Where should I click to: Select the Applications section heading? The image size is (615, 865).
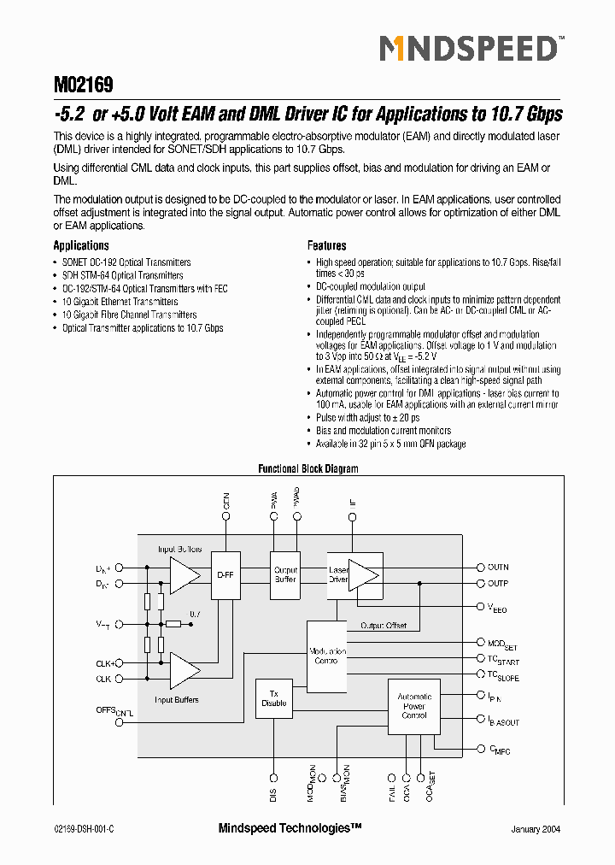(x=81, y=245)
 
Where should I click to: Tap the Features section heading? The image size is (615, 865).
(x=326, y=245)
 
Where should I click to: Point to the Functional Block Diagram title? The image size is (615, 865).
(x=308, y=468)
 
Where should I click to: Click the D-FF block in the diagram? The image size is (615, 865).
(x=225, y=574)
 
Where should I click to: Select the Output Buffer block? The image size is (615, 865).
(x=285, y=574)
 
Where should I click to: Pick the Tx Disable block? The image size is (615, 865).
(x=273, y=697)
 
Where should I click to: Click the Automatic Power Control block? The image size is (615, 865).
(x=414, y=705)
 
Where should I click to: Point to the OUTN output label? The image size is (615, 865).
(x=498, y=568)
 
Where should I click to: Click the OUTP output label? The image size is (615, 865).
(x=498, y=584)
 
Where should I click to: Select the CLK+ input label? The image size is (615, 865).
(x=105, y=662)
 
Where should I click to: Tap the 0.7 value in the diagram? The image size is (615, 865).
(x=195, y=615)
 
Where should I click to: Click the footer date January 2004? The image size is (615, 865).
(x=536, y=829)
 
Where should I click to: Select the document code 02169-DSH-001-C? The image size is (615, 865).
(x=83, y=829)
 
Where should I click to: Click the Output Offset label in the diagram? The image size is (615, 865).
(x=383, y=626)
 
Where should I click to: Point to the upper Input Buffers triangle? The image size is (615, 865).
(x=183, y=574)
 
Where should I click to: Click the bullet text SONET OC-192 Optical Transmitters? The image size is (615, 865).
(x=126, y=262)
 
